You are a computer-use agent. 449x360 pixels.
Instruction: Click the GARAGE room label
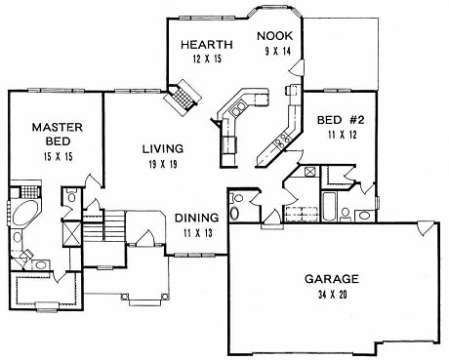pyautogui.click(x=332, y=279)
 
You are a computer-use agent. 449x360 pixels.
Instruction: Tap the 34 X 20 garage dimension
pyautogui.click(x=332, y=295)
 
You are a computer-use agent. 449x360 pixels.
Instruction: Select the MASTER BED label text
pyautogui.click(x=58, y=134)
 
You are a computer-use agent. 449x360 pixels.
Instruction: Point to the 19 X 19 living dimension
pyautogui.click(x=163, y=165)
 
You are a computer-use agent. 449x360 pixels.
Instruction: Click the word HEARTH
pyautogui.click(x=207, y=44)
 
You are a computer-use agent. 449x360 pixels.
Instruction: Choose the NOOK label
pyautogui.click(x=275, y=36)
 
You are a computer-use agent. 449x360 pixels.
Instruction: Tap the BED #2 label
pyautogui.click(x=341, y=120)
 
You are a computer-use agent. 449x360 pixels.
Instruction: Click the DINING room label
pyautogui.click(x=196, y=218)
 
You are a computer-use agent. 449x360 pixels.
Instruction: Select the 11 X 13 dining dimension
pyautogui.click(x=197, y=233)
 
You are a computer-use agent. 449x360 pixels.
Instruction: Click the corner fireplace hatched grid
pyautogui.click(x=184, y=97)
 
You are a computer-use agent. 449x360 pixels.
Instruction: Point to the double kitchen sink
pyautogui.click(x=238, y=108)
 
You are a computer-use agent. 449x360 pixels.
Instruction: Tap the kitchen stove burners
pyautogui.click(x=282, y=140)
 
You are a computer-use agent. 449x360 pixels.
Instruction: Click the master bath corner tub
pyautogui.click(x=23, y=213)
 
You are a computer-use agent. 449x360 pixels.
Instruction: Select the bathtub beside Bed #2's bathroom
pyautogui.click(x=329, y=206)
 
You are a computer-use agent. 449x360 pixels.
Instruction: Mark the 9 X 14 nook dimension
pyautogui.click(x=277, y=52)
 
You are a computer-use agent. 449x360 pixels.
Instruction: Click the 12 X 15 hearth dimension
pyautogui.click(x=207, y=59)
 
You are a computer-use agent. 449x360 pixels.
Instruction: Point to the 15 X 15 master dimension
pyautogui.click(x=58, y=157)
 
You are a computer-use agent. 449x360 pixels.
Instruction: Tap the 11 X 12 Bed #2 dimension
pyautogui.click(x=343, y=135)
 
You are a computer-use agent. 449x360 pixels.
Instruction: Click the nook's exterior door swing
pyautogui.click(x=297, y=67)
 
